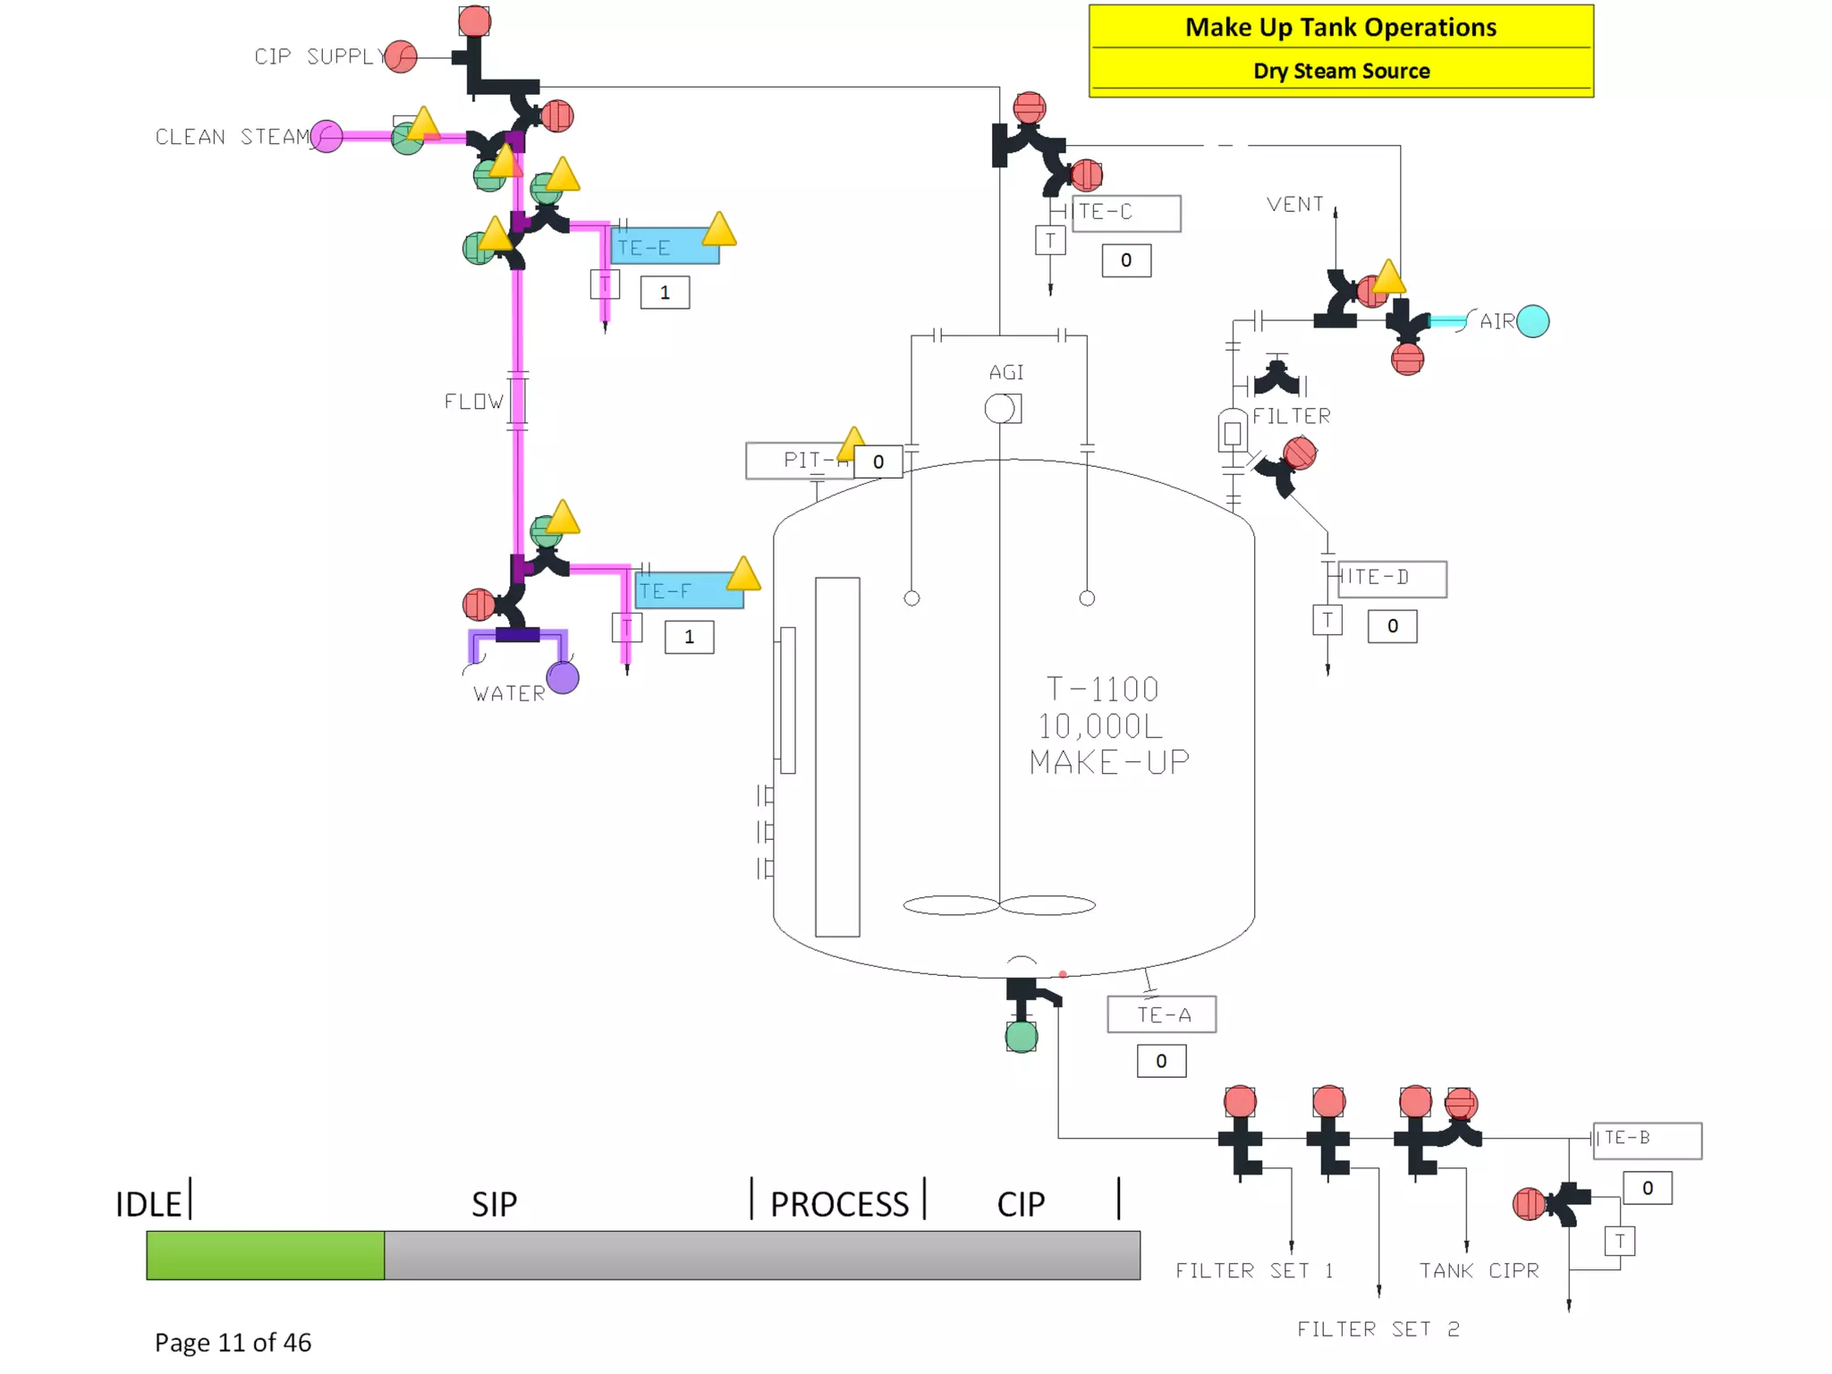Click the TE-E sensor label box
coord(665,247)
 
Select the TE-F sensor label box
coord(689,590)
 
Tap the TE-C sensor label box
coord(1126,213)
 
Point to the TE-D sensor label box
coord(1392,578)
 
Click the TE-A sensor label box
coord(1161,1014)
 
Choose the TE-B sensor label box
coord(1647,1140)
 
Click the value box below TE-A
coord(1161,1061)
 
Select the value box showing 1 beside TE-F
coord(689,637)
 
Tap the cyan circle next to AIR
coord(1533,321)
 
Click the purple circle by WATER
coord(563,678)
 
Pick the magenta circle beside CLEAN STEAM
coord(327,137)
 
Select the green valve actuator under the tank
coord(1022,1037)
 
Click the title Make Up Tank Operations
coord(1340,28)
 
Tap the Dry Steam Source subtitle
coord(1341,71)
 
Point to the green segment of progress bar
coord(266,1255)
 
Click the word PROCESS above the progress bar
coord(839,1204)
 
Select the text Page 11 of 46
coord(233,1342)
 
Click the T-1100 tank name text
coord(1102,689)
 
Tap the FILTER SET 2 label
coord(1378,1329)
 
